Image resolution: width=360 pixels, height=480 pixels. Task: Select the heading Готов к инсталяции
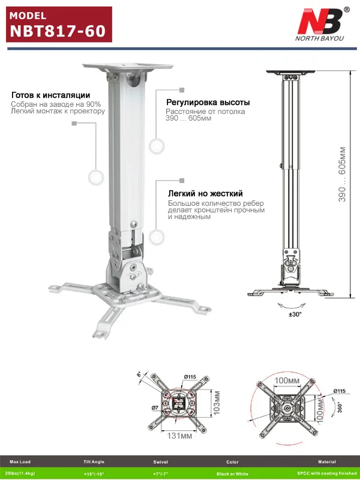[x=51, y=95]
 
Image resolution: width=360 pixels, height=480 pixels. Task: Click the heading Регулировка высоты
[x=208, y=103]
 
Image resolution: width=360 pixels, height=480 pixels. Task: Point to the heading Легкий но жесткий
[x=205, y=194]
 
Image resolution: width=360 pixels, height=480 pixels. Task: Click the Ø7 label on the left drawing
[x=154, y=408]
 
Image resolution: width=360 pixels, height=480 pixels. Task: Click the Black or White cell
[x=232, y=473]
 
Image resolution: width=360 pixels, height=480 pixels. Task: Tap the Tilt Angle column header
[x=94, y=462]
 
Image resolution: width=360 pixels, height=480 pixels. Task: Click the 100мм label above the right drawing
[x=287, y=380]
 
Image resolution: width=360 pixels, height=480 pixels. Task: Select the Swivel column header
[x=161, y=462]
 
